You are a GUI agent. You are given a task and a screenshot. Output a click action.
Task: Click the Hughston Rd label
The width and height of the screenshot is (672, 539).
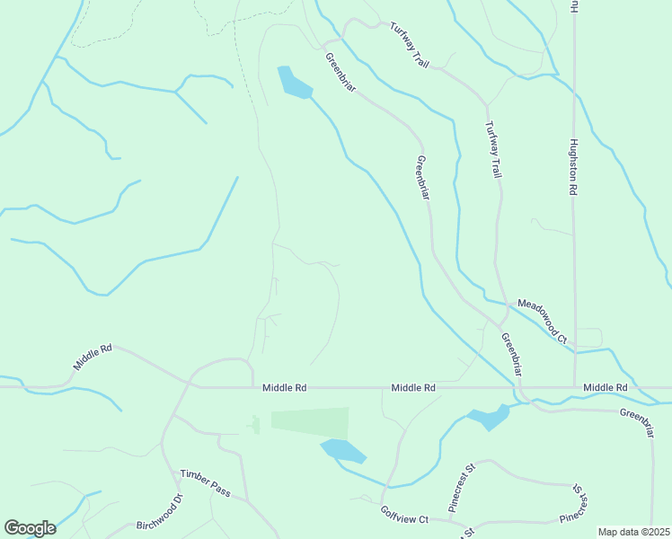pyautogui.click(x=571, y=167)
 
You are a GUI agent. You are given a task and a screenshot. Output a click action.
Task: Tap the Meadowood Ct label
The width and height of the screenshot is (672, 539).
pyautogui.click(x=538, y=323)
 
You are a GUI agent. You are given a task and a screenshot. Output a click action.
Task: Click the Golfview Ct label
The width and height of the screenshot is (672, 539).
pyautogui.click(x=404, y=514)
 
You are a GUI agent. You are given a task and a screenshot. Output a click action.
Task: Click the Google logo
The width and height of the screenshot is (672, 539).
pyautogui.click(x=30, y=527)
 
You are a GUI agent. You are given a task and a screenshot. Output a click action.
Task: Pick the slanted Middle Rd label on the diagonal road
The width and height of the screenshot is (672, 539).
pyautogui.click(x=93, y=356)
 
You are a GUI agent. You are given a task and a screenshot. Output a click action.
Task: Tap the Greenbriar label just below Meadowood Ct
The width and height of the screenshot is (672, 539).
pyautogui.click(x=512, y=354)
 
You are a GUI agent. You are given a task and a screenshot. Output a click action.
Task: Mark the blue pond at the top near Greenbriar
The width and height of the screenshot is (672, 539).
pyautogui.click(x=293, y=83)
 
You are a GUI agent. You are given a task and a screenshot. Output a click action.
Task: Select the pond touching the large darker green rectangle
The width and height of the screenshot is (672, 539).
pyautogui.click(x=343, y=451)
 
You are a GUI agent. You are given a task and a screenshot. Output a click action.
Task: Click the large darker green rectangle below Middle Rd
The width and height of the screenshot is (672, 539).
pyautogui.click(x=309, y=421)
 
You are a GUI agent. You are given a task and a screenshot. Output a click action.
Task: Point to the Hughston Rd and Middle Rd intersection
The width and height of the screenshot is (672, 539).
pyautogui.click(x=574, y=388)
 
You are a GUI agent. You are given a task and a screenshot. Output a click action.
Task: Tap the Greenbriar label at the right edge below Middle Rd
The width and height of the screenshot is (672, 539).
pyautogui.click(x=645, y=421)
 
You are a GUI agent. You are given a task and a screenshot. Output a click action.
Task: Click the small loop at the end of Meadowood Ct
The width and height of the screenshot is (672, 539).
pyautogui.click(x=588, y=338)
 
